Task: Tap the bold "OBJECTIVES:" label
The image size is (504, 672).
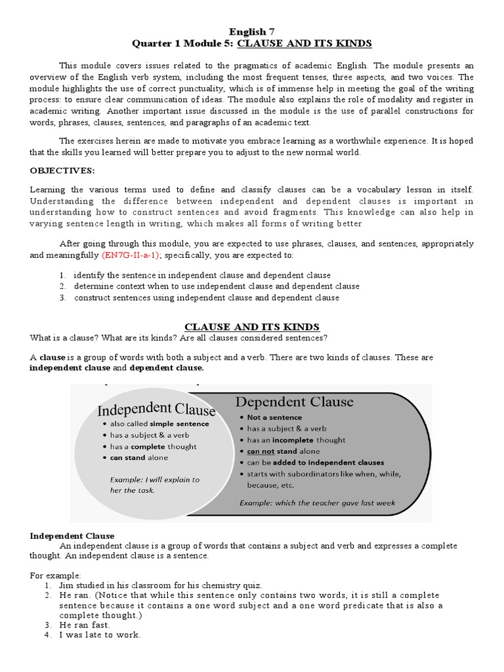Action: click(62, 171)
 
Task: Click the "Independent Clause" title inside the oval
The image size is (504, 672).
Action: click(156, 410)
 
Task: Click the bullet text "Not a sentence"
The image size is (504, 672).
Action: click(274, 417)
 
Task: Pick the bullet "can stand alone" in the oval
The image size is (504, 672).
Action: click(139, 457)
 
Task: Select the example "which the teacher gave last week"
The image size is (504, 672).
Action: click(317, 503)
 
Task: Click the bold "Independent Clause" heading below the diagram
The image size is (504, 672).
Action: click(72, 536)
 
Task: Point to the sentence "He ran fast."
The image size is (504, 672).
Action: click(86, 625)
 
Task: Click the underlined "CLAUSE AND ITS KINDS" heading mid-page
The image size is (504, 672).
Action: click(252, 327)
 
